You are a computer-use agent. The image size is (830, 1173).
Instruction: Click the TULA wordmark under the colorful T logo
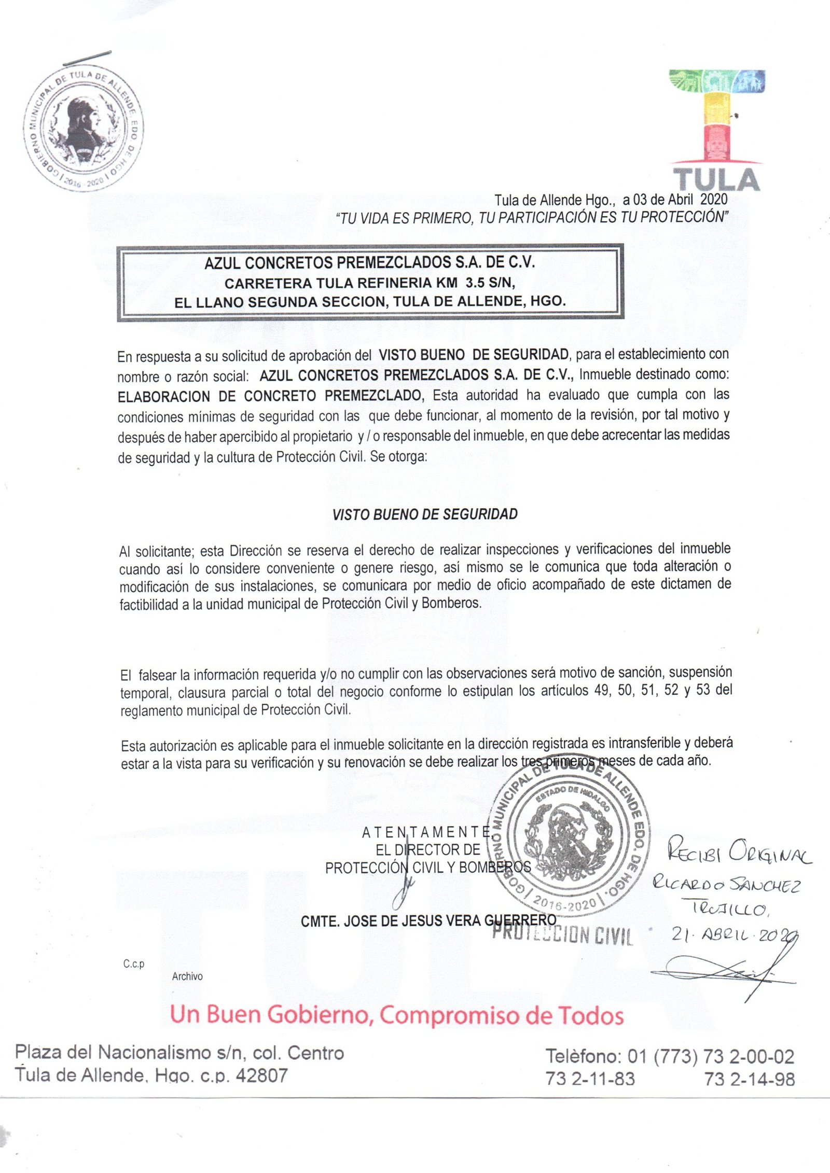pyautogui.click(x=717, y=179)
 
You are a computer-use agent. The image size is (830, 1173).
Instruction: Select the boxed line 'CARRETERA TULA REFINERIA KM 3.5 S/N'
pyautogui.click(x=370, y=283)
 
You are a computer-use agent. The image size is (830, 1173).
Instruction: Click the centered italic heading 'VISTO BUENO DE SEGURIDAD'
pyautogui.click(x=425, y=514)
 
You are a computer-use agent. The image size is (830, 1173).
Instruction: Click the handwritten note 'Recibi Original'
pyautogui.click(x=739, y=853)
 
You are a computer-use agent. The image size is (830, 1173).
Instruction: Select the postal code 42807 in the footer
pyautogui.click(x=261, y=1076)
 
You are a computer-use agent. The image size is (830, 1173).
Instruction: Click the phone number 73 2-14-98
pyautogui.click(x=749, y=1079)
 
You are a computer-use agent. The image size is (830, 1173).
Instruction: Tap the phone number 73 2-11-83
pyautogui.click(x=590, y=1079)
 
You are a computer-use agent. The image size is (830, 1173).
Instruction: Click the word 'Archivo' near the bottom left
pyautogui.click(x=187, y=976)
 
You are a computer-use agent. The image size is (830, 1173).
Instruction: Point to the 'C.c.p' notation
pyautogui.click(x=134, y=963)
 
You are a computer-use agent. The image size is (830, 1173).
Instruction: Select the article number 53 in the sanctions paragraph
pyautogui.click(x=703, y=690)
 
